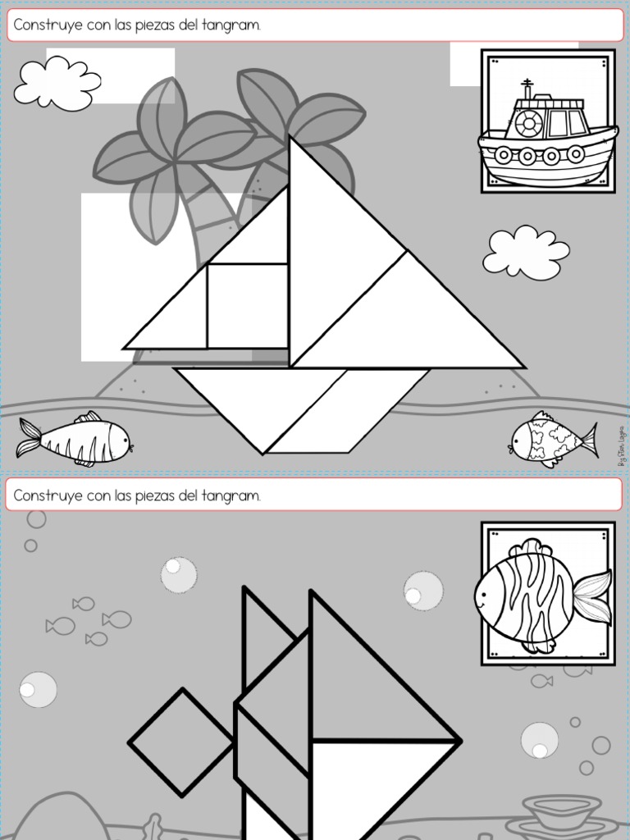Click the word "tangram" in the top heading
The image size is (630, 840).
(x=236, y=26)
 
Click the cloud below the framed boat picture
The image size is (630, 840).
(x=525, y=253)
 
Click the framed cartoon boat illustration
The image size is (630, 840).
(x=548, y=122)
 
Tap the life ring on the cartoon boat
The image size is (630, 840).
(x=529, y=123)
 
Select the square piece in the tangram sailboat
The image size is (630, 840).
(x=247, y=306)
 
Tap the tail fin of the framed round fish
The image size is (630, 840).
(x=592, y=596)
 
